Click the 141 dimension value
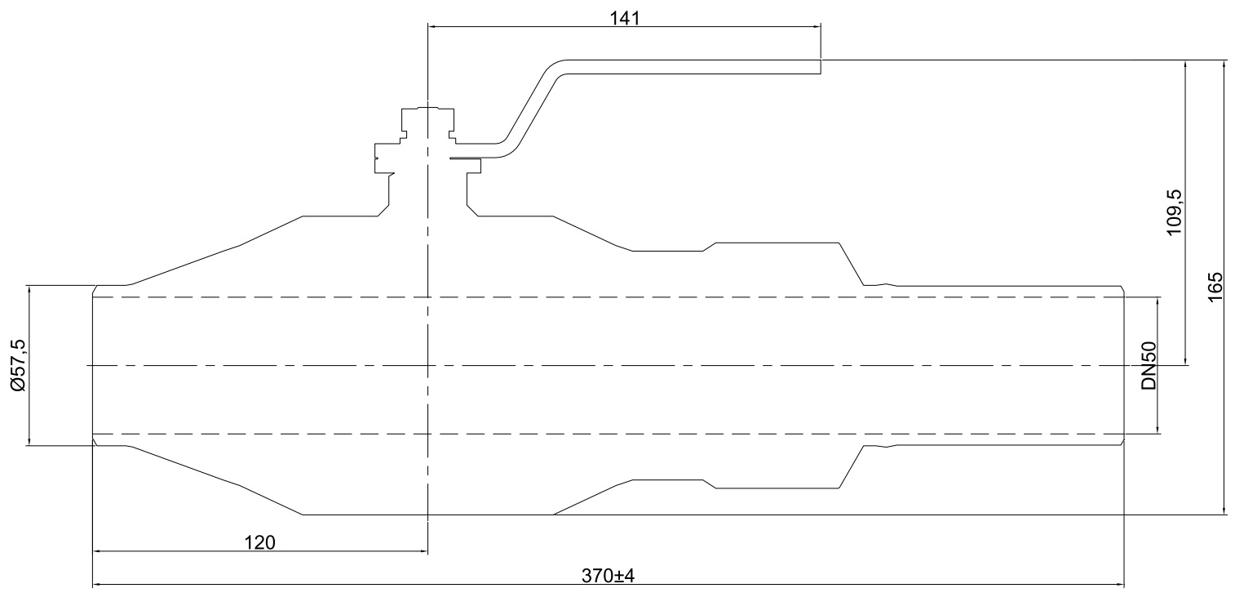click(x=625, y=17)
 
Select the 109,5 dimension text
click(x=1175, y=212)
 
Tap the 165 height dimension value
click(x=1215, y=287)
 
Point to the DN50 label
click(x=1149, y=366)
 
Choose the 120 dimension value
click(x=260, y=541)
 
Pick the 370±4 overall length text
click(x=608, y=575)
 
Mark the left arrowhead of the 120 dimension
click(x=95, y=552)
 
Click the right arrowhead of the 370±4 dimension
click(x=1121, y=585)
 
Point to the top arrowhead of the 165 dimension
click(x=1224, y=63)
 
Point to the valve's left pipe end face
click(x=93, y=365)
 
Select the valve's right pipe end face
click(x=1125, y=365)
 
